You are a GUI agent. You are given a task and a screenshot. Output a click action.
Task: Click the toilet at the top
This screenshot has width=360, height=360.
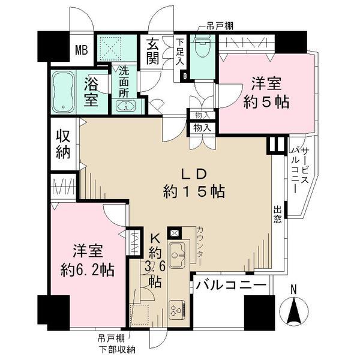click(202, 48)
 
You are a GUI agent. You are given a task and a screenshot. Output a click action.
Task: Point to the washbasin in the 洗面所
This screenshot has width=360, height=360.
click(127, 107)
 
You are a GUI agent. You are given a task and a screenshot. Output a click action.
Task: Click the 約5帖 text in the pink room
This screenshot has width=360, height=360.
click(266, 101)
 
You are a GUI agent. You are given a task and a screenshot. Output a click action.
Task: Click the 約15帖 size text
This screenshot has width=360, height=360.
click(194, 192)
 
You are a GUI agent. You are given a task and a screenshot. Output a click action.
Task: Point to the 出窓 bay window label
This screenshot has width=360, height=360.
click(278, 215)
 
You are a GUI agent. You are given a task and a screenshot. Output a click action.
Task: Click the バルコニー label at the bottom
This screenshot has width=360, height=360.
click(230, 286)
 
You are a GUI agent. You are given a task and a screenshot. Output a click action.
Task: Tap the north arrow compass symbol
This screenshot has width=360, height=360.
click(294, 310)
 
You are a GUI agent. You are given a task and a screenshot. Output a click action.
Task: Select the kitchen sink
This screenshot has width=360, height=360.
click(178, 256)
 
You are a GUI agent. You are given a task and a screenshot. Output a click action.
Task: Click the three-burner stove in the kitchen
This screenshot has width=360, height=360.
click(177, 310)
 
